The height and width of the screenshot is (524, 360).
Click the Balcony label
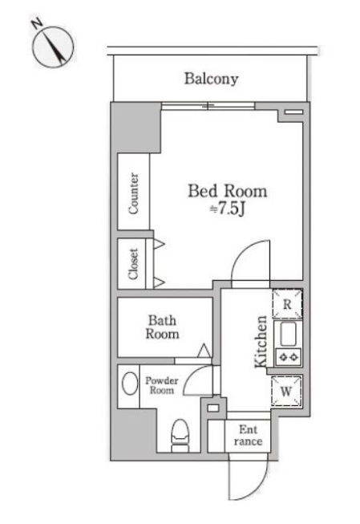[212, 79]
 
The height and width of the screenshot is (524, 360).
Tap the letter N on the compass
[37, 24]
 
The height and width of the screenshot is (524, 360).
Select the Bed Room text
[228, 191]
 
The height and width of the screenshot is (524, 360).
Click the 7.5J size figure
[228, 209]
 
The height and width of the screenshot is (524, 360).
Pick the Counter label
[133, 193]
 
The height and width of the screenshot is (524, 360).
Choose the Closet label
[133, 264]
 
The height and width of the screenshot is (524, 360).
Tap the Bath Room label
[162, 327]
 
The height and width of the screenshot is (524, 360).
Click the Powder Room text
[162, 385]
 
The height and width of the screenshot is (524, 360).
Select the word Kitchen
[261, 342]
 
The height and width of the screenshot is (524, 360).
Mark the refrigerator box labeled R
[287, 304]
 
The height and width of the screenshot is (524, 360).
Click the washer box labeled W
[286, 391]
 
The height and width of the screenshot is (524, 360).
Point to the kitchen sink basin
[288, 334]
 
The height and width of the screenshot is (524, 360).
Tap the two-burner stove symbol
[288, 357]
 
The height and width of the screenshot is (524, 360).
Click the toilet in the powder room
[180, 436]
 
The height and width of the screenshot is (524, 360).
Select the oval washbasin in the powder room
[130, 384]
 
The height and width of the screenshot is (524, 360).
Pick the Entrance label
[248, 435]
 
